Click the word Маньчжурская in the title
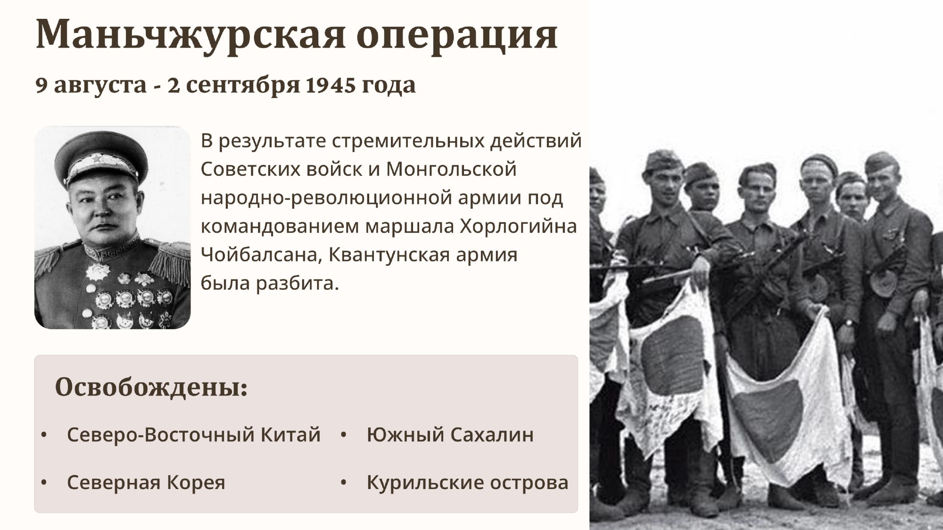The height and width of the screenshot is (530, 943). click(x=191, y=35)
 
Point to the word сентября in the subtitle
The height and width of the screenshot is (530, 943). click(x=243, y=85)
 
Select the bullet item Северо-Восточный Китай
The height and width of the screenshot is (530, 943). click(x=194, y=434)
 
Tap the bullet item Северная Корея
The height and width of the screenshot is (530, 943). click(x=146, y=482)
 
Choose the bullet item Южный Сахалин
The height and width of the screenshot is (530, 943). click(x=450, y=434)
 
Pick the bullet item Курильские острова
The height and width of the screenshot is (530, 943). click(x=468, y=482)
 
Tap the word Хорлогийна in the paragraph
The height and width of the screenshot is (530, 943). click(x=518, y=227)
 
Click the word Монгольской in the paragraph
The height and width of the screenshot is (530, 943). click(x=451, y=169)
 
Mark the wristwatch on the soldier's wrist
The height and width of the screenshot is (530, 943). click(x=848, y=323)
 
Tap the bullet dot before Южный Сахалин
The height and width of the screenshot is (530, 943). click(x=343, y=435)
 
